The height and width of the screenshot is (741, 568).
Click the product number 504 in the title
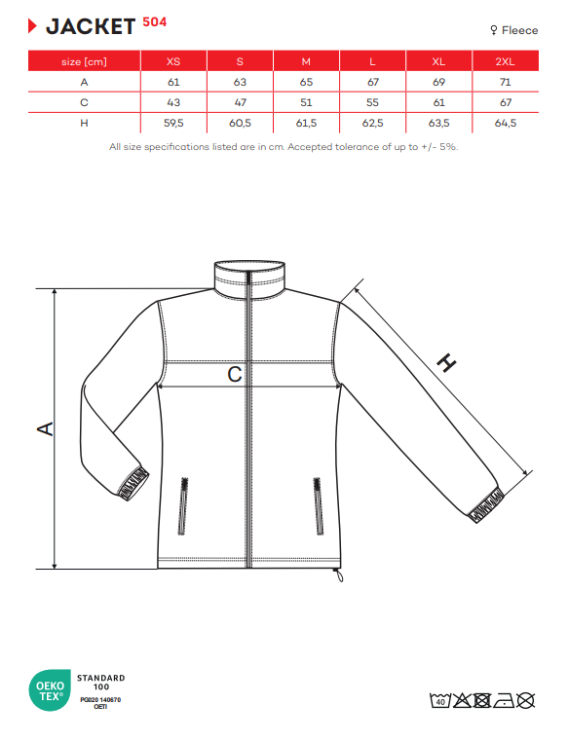point(155,22)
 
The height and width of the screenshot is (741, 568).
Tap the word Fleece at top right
point(519,30)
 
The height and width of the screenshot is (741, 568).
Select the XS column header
point(173,61)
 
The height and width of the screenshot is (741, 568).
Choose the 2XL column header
point(505,61)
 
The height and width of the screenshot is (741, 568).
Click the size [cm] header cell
point(84,61)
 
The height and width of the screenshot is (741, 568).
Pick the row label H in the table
point(84,123)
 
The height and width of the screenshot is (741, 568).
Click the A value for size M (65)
point(307,82)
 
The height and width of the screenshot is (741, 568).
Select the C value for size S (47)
point(241,102)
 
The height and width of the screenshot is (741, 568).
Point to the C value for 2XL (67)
point(506,102)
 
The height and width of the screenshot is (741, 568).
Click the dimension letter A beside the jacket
point(46,428)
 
